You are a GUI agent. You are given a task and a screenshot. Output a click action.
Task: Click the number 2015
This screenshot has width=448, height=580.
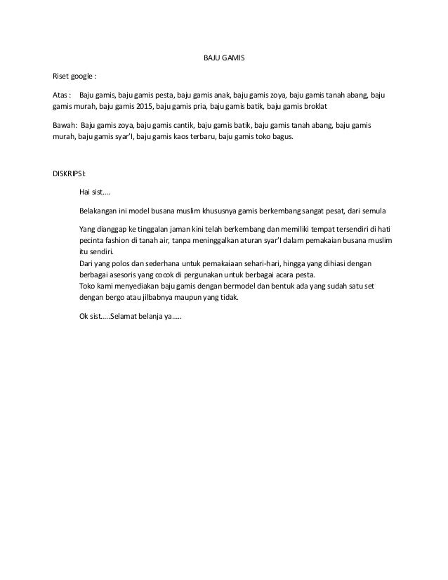[140, 105]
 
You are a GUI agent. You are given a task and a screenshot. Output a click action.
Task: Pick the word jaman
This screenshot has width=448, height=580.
[173, 229]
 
